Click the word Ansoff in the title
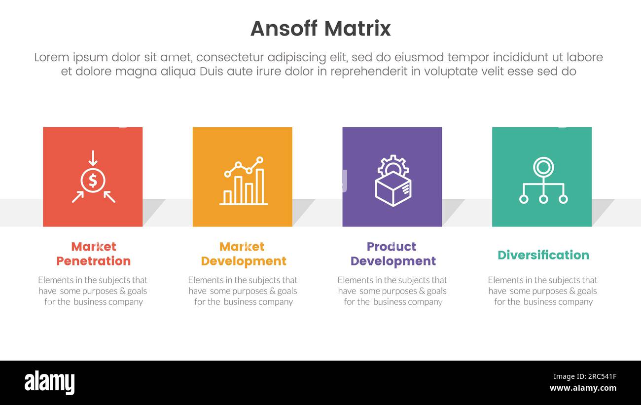click(x=284, y=29)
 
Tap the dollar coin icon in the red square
click(x=93, y=181)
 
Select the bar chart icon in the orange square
click(x=244, y=182)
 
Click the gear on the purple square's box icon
click(x=393, y=165)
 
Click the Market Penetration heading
click(x=93, y=254)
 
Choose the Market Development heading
click(x=243, y=254)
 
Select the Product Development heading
click(x=392, y=254)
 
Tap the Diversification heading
click(x=543, y=255)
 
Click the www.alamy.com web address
click(x=583, y=388)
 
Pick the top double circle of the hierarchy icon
click(x=543, y=167)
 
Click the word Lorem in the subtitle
click(x=52, y=57)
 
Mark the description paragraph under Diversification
click(x=543, y=291)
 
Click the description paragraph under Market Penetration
click(x=93, y=291)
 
